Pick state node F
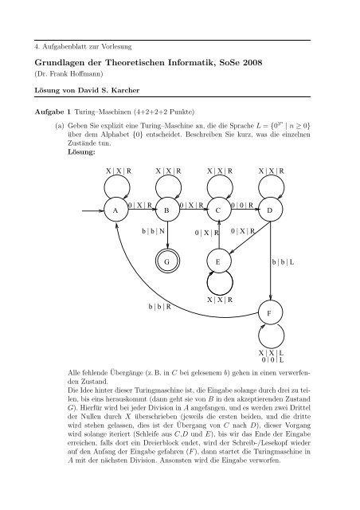coord(268,313)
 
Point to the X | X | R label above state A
coord(119,171)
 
